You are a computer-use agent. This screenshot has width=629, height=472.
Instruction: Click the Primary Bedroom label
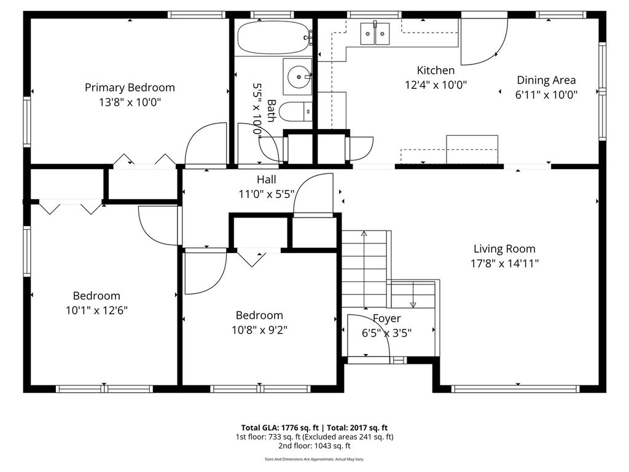[x=130, y=87]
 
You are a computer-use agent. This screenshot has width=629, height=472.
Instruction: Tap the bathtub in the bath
[x=273, y=37]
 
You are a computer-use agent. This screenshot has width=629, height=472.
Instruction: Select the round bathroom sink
[x=298, y=76]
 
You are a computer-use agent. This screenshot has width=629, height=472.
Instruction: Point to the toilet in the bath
[x=295, y=112]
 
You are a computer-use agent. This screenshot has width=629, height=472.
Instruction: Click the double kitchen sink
[x=375, y=33]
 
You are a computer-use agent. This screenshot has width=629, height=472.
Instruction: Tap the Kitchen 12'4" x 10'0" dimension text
[x=436, y=85]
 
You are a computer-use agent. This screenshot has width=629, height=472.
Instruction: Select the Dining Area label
[x=546, y=80]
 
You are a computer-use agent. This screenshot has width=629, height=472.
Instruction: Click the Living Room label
[x=504, y=249]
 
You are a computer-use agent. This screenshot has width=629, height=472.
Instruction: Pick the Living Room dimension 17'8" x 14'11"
[x=504, y=263]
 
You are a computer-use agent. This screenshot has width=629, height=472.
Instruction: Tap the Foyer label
[x=387, y=318]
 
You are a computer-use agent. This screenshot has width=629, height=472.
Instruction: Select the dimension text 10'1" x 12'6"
[x=96, y=310]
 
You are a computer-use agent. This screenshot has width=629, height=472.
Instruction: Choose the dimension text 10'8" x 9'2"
[x=260, y=330]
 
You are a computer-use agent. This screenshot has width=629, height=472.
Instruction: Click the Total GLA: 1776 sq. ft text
[x=280, y=428]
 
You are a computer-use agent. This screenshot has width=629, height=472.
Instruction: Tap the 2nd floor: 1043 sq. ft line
[x=314, y=446]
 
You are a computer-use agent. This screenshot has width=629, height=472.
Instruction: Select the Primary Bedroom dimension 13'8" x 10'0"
[x=130, y=102]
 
